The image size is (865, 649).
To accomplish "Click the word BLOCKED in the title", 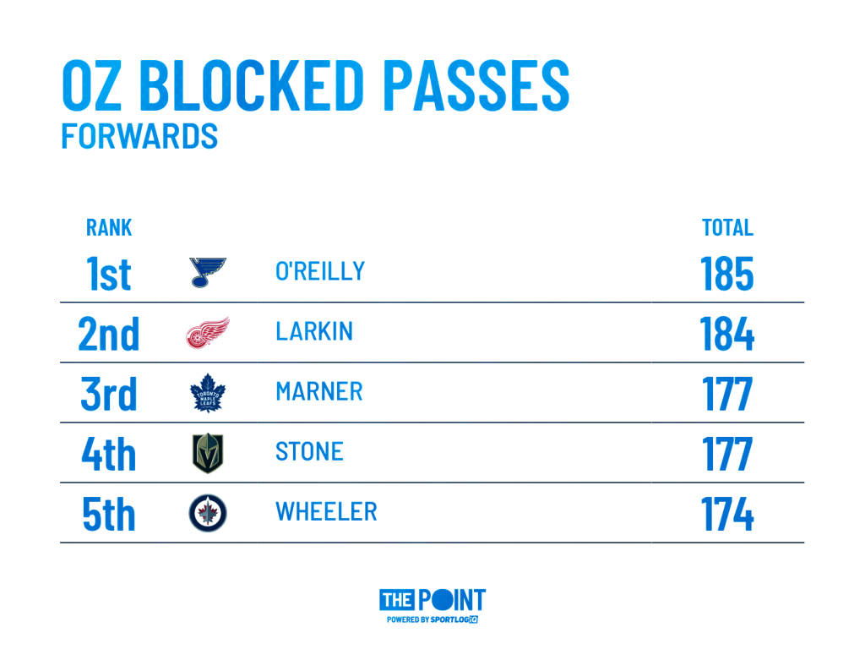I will pyautogui.click(x=250, y=85).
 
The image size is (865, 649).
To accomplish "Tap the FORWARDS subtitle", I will pyautogui.click(x=139, y=136).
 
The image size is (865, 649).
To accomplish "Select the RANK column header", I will pyautogui.click(x=109, y=227).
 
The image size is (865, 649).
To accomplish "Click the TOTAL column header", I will pyautogui.click(x=727, y=227).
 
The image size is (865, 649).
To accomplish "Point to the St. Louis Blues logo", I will pyautogui.click(x=208, y=272).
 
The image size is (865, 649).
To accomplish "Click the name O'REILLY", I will pyautogui.click(x=320, y=271).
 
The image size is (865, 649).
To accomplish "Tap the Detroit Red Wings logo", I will pyautogui.click(x=208, y=333).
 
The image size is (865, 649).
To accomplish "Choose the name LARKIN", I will pyautogui.click(x=314, y=331).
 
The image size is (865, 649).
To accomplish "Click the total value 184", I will pyautogui.click(x=726, y=334).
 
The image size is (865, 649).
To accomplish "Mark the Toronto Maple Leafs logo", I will pyautogui.click(x=208, y=393).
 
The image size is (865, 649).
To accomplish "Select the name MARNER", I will pyautogui.click(x=319, y=391).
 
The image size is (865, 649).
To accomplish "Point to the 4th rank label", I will pyautogui.click(x=109, y=454).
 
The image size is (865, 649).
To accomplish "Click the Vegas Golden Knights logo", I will pyautogui.click(x=208, y=453).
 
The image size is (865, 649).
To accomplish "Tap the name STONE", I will pyautogui.click(x=309, y=451).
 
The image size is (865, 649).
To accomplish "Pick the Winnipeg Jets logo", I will pyautogui.click(x=208, y=513).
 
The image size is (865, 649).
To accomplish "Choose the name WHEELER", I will pyautogui.click(x=326, y=511).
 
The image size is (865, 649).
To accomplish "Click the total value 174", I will pyautogui.click(x=726, y=514).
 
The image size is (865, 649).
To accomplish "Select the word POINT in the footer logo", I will pyautogui.click(x=451, y=601).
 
